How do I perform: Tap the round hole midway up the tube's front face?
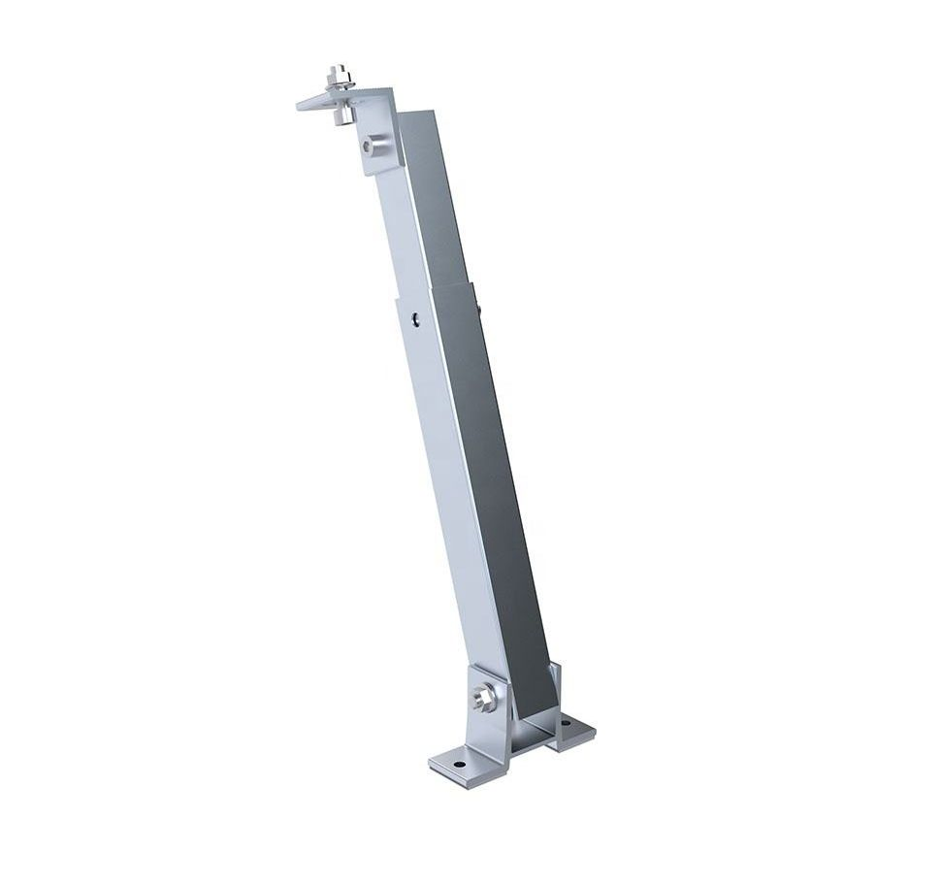tap(414, 316)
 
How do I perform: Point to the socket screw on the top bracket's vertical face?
tap(369, 147)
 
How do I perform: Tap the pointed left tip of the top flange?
tap(301, 104)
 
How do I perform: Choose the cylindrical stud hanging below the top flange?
tap(339, 117)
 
